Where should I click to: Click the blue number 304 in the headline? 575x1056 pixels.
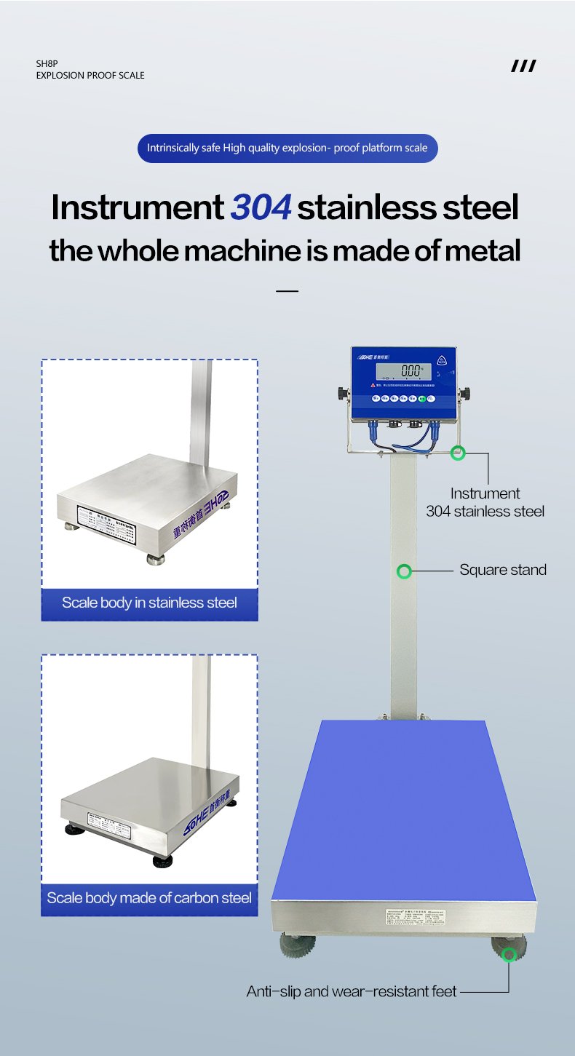click(x=261, y=207)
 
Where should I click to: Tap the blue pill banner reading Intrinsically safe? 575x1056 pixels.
click(x=287, y=148)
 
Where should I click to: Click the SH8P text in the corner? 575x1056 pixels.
click(x=47, y=64)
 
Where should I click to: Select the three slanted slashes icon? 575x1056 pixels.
click(x=523, y=67)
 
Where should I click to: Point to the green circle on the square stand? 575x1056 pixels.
click(x=404, y=571)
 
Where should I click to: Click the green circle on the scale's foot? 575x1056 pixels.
click(x=509, y=954)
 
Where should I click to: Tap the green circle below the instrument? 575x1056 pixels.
click(x=457, y=453)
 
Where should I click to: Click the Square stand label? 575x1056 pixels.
click(x=502, y=570)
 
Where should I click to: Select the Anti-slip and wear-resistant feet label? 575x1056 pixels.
click(x=352, y=991)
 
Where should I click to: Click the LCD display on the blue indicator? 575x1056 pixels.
click(x=402, y=371)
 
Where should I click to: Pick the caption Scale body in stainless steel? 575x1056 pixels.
click(x=149, y=603)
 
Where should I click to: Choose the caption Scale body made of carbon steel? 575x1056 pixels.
click(x=149, y=898)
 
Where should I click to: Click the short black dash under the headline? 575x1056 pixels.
click(x=287, y=291)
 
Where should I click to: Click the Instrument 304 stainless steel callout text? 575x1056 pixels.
click(x=485, y=502)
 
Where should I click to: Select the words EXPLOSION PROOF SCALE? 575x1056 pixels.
click(x=90, y=76)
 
